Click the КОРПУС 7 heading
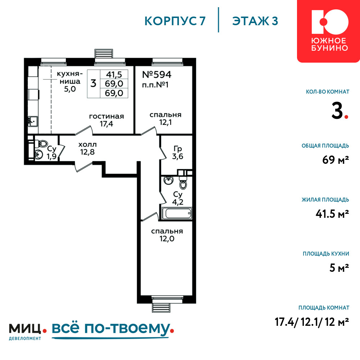(x=175, y=21)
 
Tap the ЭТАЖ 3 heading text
(x=255, y=21)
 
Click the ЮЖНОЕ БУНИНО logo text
(x=330, y=44)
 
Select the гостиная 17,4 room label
(x=106, y=120)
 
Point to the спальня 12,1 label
(x=166, y=118)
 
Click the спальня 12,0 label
(x=167, y=235)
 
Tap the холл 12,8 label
(x=87, y=148)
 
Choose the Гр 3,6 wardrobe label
(x=178, y=153)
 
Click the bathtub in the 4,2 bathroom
(x=177, y=213)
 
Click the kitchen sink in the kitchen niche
(x=33, y=121)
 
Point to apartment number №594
(x=157, y=75)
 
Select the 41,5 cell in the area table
(x=114, y=75)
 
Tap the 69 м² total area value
(x=336, y=160)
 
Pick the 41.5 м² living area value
(x=332, y=214)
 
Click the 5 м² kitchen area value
(x=339, y=268)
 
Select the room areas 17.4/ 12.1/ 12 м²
(x=312, y=322)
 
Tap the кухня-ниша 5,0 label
(x=70, y=81)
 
